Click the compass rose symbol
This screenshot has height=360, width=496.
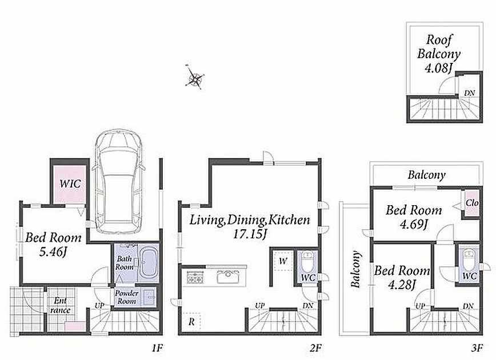pyautogui.click(x=194, y=77)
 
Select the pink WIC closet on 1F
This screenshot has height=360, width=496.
pyautogui.click(x=70, y=184)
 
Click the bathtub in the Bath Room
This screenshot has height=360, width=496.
pyautogui.click(x=149, y=262)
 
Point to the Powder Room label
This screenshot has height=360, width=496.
pyautogui.click(x=126, y=297)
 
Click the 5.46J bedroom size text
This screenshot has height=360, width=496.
pyautogui.click(x=53, y=252)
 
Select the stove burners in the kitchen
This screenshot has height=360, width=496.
pyautogui.click(x=195, y=278)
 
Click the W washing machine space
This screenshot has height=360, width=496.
pyautogui.click(x=283, y=261)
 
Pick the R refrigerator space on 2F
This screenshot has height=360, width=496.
pyautogui.click(x=191, y=322)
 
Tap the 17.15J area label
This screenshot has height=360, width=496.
pyautogui.click(x=250, y=234)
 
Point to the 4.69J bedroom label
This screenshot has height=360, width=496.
pyautogui.click(x=414, y=225)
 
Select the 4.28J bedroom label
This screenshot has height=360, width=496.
pyautogui.click(x=401, y=285)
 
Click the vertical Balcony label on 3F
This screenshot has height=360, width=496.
pyautogui.click(x=356, y=269)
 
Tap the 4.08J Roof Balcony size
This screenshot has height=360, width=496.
pyautogui.click(x=438, y=68)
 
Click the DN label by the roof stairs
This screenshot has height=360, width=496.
pyautogui.click(x=470, y=93)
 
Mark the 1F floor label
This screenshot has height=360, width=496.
pyautogui.click(x=157, y=348)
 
